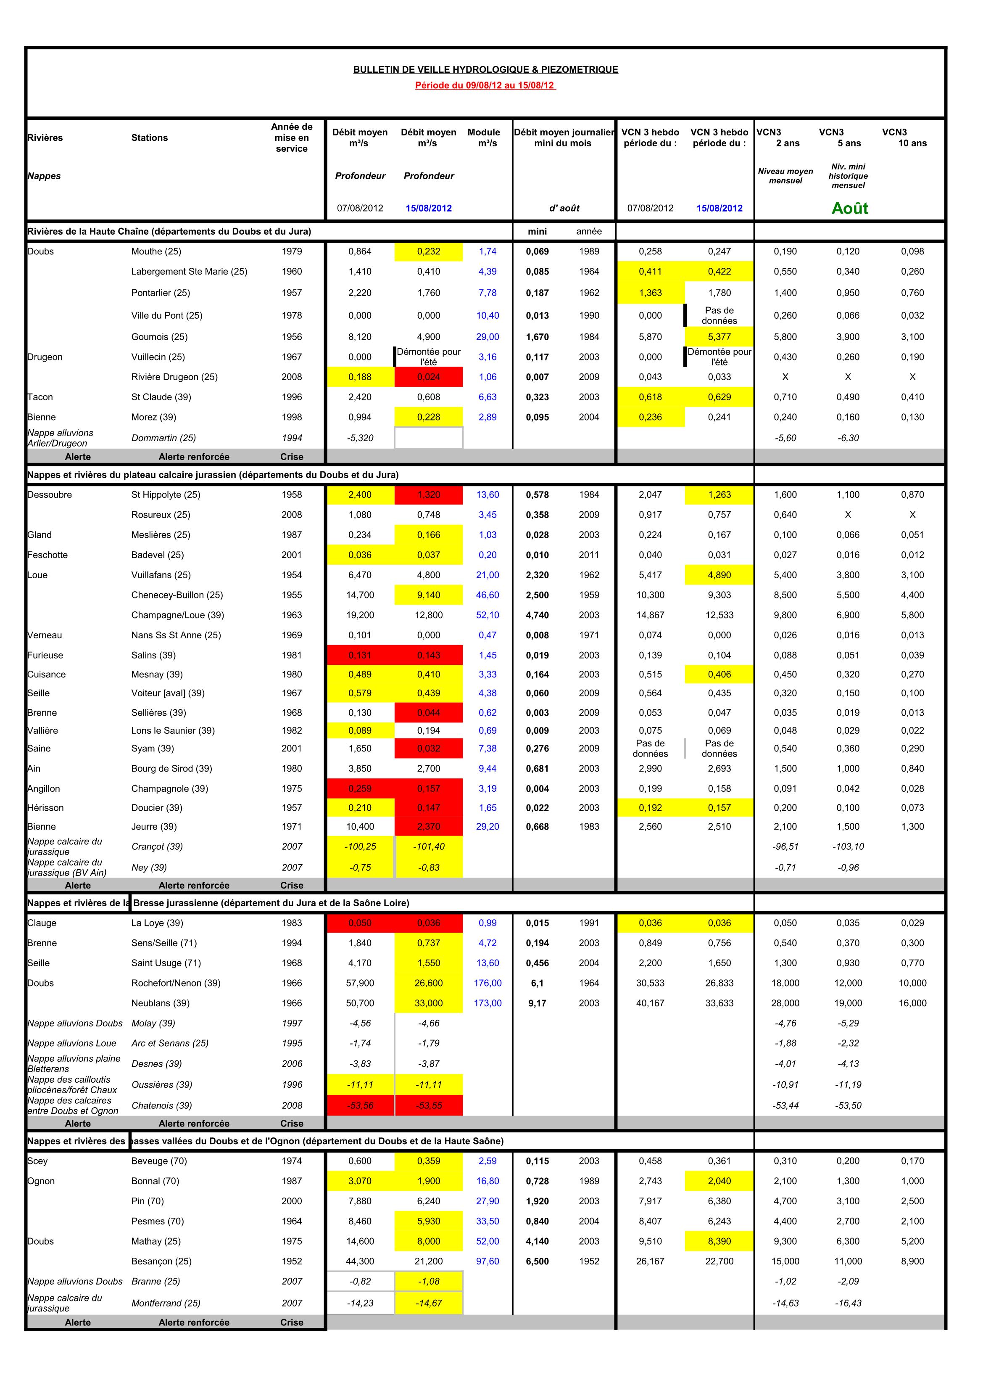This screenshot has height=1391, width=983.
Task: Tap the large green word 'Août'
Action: (x=849, y=209)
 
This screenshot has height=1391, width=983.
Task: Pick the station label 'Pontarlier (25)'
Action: (x=161, y=293)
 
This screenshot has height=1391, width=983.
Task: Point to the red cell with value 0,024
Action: (x=428, y=377)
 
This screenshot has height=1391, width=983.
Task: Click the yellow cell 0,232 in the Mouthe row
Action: (x=428, y=251)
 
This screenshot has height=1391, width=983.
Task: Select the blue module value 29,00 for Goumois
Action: (x=488, y=337)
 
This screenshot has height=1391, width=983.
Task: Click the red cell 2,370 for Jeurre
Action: (x=428, y=826)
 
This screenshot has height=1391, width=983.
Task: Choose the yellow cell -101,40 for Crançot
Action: (x=428, y=846)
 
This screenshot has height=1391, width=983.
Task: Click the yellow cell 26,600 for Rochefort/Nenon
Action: (x=428, y=983)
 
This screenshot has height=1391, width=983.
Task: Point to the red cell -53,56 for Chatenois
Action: (x=360, y=1105)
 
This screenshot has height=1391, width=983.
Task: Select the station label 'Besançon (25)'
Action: (x=161, y=1261)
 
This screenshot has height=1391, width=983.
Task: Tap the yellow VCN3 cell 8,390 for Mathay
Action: (x=719, y=1241)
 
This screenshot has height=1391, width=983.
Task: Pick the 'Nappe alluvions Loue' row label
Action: (x=71, y=1043)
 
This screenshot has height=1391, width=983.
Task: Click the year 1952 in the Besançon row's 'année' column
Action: (x=589, y=1261)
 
